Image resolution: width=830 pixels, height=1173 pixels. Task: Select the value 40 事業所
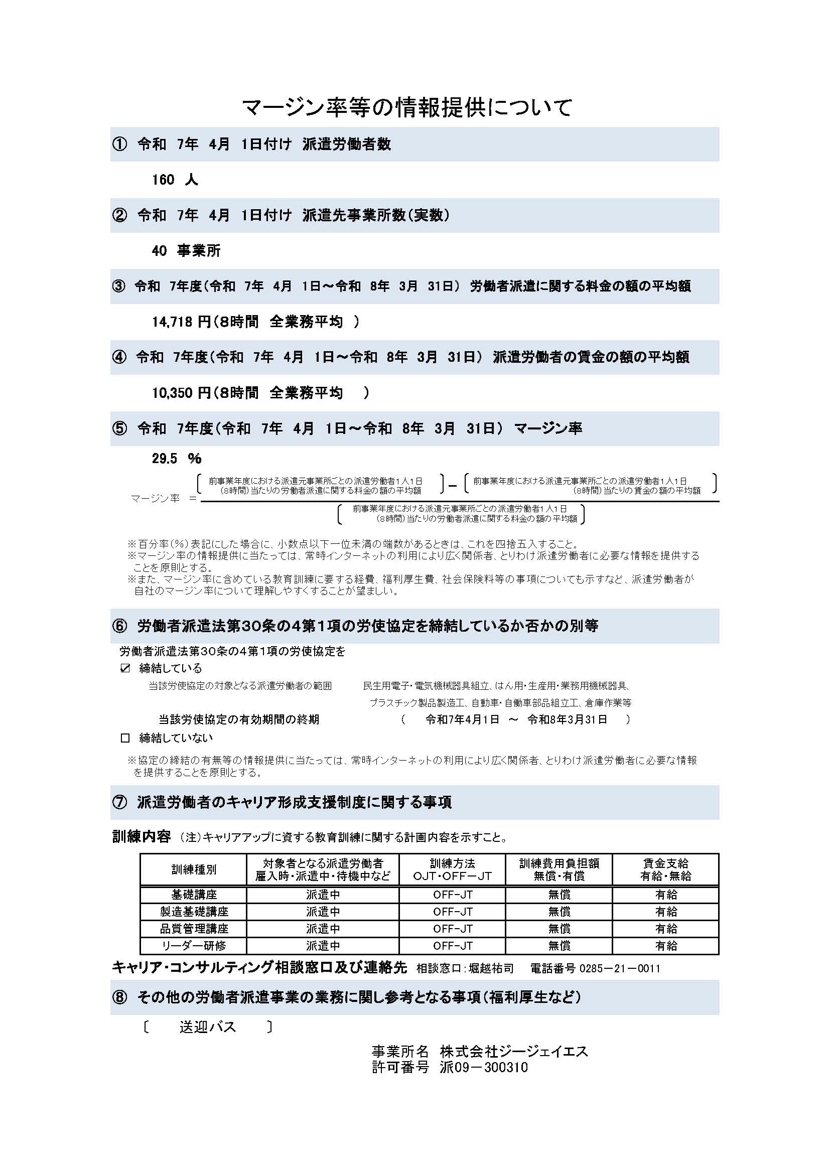click(x=186, y=250)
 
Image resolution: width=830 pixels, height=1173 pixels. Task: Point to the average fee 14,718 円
click(x=182, y=322)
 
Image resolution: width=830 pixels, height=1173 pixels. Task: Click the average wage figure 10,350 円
click(x=182, y=392)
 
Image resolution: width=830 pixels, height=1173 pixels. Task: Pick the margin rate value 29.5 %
click(x=176, y=458)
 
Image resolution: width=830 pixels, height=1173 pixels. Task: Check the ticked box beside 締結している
click(x=125, y=668)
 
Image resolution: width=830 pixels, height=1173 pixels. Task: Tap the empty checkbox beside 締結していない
click(x=125, y=738)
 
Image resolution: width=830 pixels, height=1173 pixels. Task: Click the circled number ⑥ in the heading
click(x=119, y=626)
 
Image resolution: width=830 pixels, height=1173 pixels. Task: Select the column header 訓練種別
click(x=194, y=869)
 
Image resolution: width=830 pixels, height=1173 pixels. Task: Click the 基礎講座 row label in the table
click(x=194, y=895)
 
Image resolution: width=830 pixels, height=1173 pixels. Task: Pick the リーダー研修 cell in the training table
click(x=194, y=946)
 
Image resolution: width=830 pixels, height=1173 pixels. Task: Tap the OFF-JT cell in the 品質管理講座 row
click(x=453, y=928)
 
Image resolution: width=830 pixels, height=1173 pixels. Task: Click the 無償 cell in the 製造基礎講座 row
click(x=559, y=912)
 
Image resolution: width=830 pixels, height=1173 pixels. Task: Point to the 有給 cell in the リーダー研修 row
click(x=666, y=946)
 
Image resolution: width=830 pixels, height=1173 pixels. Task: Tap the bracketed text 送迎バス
click(x=208, y=1027)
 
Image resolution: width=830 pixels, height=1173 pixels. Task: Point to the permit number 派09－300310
click(x=483, y=1067)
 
